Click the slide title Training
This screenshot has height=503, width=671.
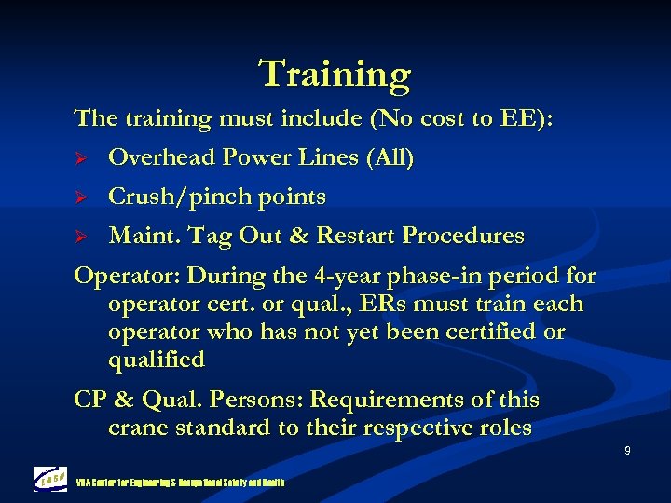pos(335,74)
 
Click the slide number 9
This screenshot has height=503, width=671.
pos(627,451)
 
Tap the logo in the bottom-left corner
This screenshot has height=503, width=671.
pos(49,479)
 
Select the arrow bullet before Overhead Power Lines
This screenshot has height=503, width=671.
pos(80,158)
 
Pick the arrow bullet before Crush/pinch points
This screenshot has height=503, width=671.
pos(80,197)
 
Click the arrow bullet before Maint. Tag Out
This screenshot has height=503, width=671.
pos(80,237)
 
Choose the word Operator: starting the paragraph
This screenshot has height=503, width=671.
pos(128,277)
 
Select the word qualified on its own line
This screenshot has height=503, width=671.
pos(156,360)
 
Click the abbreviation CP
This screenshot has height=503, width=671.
pos(91,400)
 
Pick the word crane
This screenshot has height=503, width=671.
pos(139,428)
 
